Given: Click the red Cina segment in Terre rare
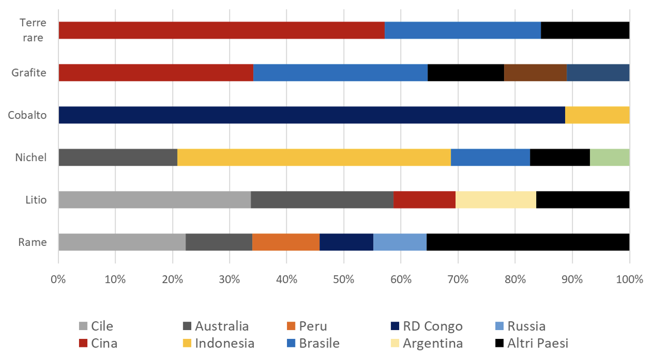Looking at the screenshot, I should [221, 31].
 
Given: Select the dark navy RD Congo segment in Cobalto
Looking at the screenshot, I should [311, 115].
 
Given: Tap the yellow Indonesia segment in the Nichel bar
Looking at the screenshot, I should [314, 157].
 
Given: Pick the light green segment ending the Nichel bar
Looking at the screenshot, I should [609, 157].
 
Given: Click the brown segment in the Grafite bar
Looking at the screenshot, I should [535, 73].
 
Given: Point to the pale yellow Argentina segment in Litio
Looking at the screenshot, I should [496, 199].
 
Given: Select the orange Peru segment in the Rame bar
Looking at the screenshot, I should [286, 242].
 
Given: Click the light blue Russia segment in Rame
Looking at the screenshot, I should [400, 242].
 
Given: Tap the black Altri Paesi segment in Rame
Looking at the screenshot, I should [528, 242].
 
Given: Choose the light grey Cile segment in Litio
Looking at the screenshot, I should [154, 199].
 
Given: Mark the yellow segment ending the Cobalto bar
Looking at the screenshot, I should [597, 115].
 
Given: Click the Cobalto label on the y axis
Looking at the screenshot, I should [27, 115].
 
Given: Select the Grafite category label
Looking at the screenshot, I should [29, 73].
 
